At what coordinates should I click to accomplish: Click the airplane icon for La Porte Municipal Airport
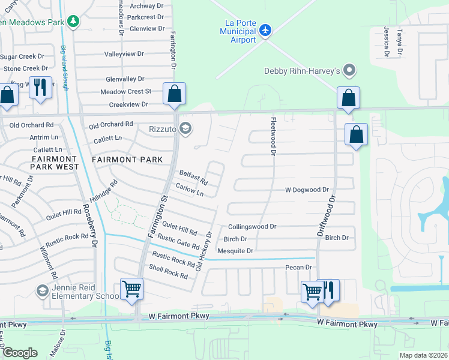pyautogui.click(x=266, y=30)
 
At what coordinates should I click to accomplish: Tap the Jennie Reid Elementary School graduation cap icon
pyautogui.click(x=42, y=291)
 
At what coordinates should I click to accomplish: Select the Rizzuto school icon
pyautogui.click(x=186, y=127)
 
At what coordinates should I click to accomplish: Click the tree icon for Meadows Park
pyautogui.click(x=73, y=22)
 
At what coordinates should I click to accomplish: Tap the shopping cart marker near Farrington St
pyautogui.click(x=131, y=289)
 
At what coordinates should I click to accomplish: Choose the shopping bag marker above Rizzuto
pyautogui.click(x=174, y=94)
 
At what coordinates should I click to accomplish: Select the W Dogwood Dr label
pyautogui.click(x=307, y=190)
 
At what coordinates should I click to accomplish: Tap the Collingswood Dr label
pyautogui.click(x=252, y=227)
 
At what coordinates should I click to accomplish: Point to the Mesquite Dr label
pyautogui.click(x=235, y=251)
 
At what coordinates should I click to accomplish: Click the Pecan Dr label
pyautogui.click(x=300, y=267)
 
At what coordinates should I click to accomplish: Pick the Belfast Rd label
pyautogui.click(x=193, y=177)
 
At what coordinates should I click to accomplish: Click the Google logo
pyautogui.click(x=20, y=353)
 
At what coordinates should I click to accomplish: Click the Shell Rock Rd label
pyautogui.click(x=169, y=272)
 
